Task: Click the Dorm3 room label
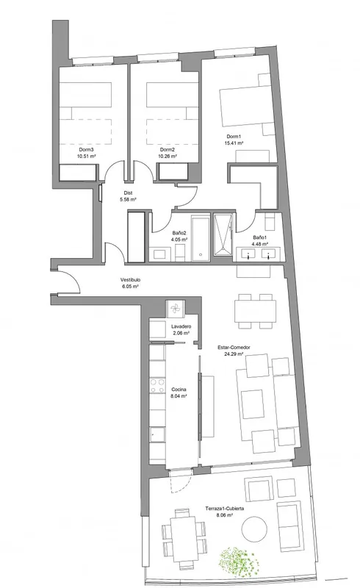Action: coord(86,150)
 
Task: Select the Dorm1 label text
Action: coord(234,137)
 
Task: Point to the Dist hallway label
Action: coord(129,193)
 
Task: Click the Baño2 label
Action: coord(179,233)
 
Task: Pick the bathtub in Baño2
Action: coord(201,237)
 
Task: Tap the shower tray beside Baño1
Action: coord(223,234)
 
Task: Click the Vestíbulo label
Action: coord(130,280)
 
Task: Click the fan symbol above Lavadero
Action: coord(175,309)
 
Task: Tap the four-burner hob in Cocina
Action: coord(157,386)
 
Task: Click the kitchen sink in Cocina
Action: coord(157,434)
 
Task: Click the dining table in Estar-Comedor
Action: coord(256,311)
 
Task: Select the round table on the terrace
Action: coord(255,529)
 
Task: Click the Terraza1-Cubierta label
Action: coord(225,509)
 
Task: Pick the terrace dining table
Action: coord(184,539)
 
